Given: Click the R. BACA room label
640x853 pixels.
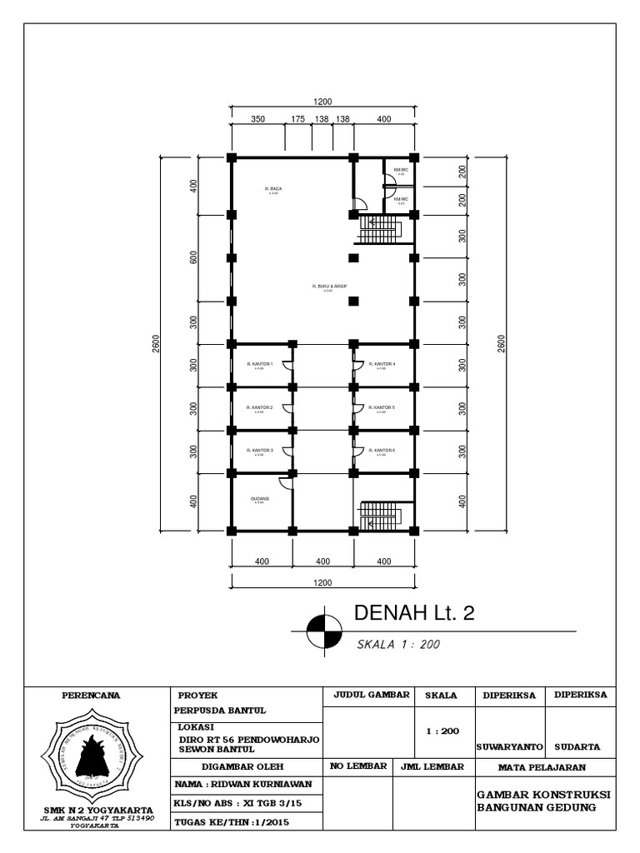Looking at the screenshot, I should tap(272, 189).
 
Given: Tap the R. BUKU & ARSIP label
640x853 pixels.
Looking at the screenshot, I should tap(328, 286).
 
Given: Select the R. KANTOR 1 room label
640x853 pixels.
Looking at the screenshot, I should tap(260, 364).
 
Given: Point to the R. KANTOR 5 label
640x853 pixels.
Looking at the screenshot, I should tap(382, 407).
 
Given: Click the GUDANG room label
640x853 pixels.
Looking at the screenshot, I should tap(260, 498).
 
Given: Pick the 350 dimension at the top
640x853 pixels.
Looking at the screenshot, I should tap(257, 119).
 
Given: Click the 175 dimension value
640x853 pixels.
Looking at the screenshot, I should tap(297, 119).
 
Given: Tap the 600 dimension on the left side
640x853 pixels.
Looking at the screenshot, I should tap(192, 257).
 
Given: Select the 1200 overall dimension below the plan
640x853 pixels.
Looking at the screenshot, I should tap(322, 582).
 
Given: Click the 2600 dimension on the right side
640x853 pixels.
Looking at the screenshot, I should tap(500, 343).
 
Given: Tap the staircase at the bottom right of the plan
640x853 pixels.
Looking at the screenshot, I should tap(380, 516).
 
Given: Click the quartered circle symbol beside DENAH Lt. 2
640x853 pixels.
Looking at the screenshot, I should tap(323, 631).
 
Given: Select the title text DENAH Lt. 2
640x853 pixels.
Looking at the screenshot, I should tap(414, 614).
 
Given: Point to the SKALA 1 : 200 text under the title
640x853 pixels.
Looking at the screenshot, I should tap(397, 644).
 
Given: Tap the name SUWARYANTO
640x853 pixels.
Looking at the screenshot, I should tap(509, 746).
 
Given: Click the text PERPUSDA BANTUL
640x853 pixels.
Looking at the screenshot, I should tap(220, 711).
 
